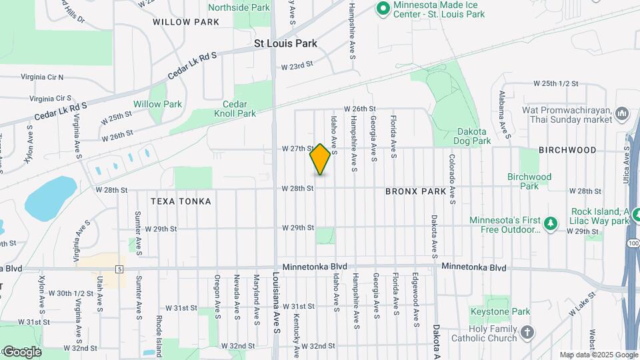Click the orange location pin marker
[321, 159]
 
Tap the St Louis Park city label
[286, 43]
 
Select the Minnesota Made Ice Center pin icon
[383, 9]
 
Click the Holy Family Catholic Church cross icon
[527, 332]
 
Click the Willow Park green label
[157, 104]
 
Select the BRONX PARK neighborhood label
[415, 191]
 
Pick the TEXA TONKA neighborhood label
[181, 201]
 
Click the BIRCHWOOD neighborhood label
[567, 150]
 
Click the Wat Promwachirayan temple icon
[623, 114]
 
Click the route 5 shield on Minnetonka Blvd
[119, 269]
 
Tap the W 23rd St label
[297, 67]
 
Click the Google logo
[21, 351]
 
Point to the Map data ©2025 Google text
[598, 355]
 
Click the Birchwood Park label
[529, 181]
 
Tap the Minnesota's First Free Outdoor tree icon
[550, 222]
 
